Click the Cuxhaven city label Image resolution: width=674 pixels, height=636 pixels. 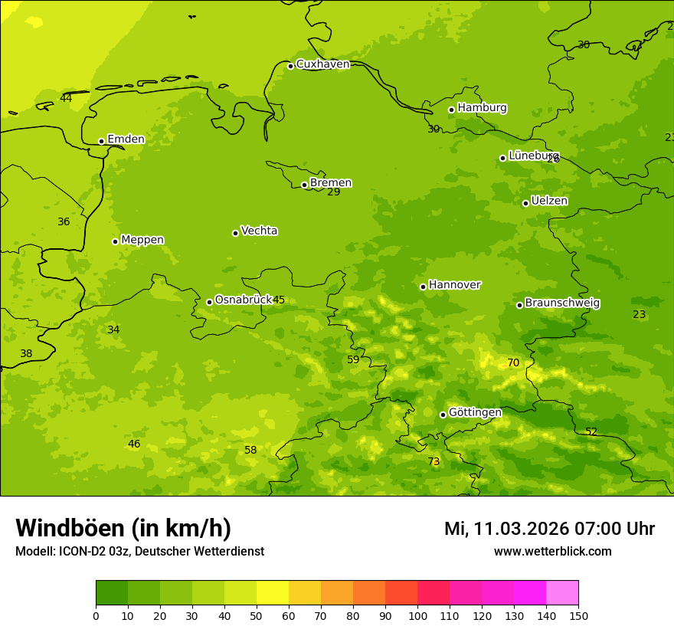tap(322, 64)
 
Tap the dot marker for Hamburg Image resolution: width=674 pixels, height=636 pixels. tap(452, 110)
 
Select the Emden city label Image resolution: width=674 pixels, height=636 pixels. tap(126, 139)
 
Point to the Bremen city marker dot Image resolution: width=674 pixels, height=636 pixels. tap(304, 185)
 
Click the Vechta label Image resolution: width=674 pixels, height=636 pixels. tap(259, 231)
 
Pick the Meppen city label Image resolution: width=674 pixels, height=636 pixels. tap(142, 240)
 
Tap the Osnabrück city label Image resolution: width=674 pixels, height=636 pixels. tap(244, 300)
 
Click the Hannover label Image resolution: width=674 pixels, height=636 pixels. tap(454, 285)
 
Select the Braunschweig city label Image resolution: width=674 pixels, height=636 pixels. tap(562, 303)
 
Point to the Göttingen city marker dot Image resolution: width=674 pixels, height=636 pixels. tap(443, 415)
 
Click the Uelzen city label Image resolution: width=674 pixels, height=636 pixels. tap(549, 202)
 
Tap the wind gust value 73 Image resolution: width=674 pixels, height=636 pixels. tap(434, 462)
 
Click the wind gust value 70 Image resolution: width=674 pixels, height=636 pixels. tap(513, 363)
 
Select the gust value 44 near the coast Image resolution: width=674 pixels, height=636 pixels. tap(66, 98)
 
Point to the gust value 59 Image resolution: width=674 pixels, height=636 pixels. tap(353, 360)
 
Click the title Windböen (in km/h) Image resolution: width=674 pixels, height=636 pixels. tap(123, 529)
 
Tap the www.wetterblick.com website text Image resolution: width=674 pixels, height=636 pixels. tap(552, 552)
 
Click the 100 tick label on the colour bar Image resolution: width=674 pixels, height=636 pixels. tap(417, 615)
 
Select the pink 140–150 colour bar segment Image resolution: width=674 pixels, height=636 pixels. tap(562, 592)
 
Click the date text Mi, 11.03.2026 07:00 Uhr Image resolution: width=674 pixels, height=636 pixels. tap(549, 529)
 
